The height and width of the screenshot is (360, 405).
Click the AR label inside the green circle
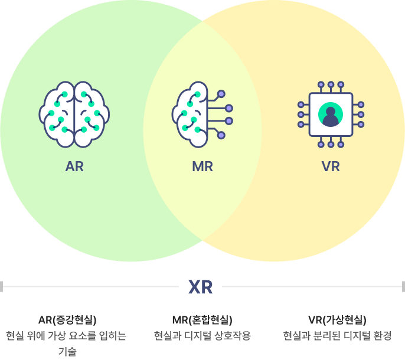[74, 166]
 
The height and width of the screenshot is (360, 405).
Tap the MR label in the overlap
[203, 166]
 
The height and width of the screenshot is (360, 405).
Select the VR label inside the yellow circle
[331, 166]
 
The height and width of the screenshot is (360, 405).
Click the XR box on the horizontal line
[201, 287]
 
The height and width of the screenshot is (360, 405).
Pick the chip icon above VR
[331, 114]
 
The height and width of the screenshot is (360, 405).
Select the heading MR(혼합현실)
[203, 320]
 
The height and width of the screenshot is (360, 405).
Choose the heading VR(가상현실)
[337, 320]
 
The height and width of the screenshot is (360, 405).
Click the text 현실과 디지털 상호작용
[203, 336]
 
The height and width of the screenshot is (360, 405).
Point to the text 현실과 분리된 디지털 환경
[337, 336]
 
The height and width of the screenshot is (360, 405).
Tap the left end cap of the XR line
[2, 287]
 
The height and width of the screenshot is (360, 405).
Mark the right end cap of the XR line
[403, 287]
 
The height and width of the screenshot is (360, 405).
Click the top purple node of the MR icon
[221, 94]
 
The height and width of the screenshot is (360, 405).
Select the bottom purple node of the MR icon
[221, 135]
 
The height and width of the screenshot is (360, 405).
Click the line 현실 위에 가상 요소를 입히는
[66, 336]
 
